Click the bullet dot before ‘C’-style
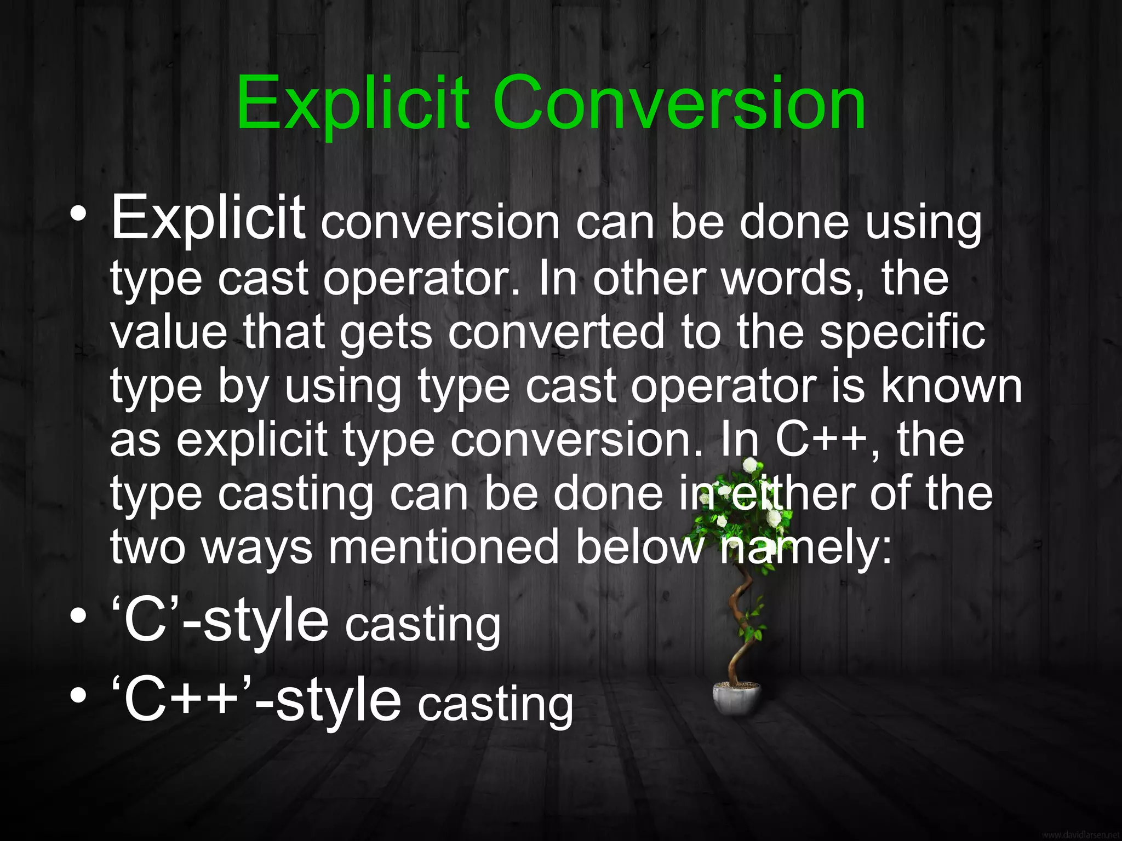tap(78, 615)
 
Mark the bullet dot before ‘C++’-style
tap(78, 695)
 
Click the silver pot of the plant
tap(737, 698)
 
